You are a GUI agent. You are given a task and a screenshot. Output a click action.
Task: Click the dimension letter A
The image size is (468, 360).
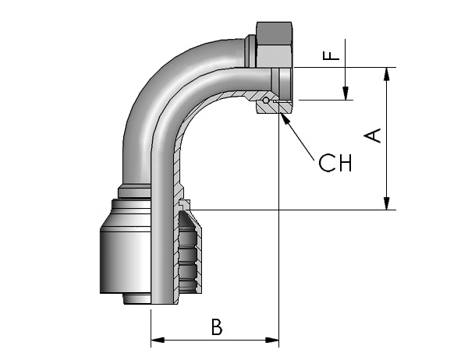(373, 136)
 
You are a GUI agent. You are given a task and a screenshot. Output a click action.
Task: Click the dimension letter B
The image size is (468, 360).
(217, 327)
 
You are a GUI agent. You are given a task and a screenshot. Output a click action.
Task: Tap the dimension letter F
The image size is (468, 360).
(331, 56)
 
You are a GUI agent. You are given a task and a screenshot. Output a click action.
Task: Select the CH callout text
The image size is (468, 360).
(335, 163)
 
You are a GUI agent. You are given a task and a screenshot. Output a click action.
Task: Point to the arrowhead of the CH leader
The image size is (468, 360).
(285, 118)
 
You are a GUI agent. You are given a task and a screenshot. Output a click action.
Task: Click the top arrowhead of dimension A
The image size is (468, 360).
(387, 74)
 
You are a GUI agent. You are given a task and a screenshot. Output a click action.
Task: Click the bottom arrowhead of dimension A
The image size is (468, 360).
(387, 203)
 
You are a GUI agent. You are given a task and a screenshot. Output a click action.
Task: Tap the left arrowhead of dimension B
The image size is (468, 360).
(158, 340)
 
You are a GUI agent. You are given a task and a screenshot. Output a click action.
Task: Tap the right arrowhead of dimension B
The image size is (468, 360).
(272, 340)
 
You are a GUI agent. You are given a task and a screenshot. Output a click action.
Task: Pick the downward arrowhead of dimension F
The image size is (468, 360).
(346, 94)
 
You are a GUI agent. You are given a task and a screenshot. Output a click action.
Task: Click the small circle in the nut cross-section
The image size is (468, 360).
(265, 101)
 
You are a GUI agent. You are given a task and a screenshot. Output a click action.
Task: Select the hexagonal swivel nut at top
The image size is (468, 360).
(274, 44)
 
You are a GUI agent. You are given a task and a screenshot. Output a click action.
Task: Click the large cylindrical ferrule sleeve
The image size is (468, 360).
(126, 259)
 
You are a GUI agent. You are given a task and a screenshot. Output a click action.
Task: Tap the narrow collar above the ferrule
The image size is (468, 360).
(135, 191)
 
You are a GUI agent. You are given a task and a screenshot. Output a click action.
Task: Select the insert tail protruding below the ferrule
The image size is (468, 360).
(137, 299)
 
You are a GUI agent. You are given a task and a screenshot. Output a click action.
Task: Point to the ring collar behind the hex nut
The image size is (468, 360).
(250, 51)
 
